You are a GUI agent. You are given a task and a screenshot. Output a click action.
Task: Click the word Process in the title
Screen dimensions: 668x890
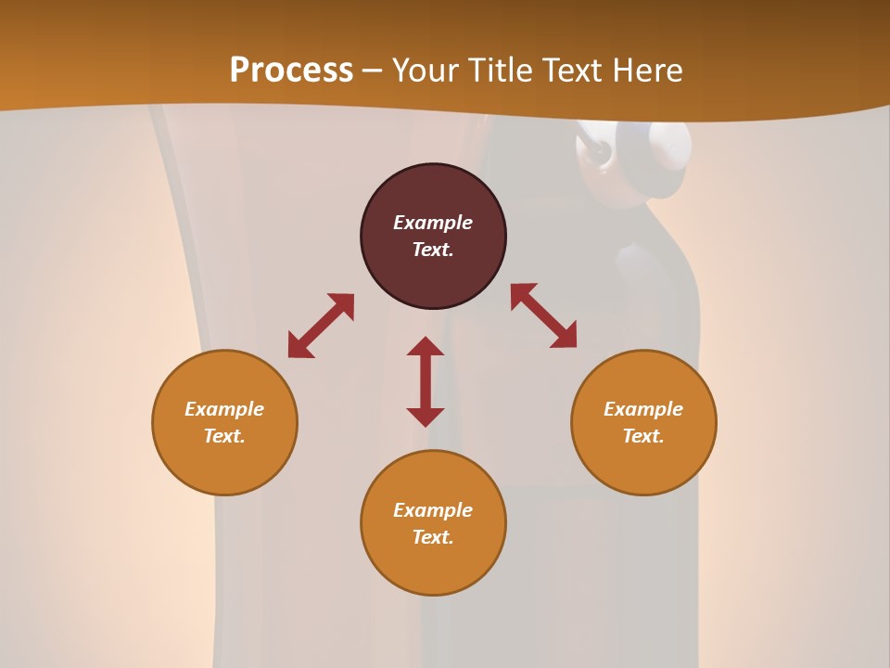click(x=291, y=71)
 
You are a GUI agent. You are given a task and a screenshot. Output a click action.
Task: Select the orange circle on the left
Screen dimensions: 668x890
click(x=224, y=464)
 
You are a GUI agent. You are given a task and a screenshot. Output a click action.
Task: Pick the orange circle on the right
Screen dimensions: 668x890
click(x=643, y=464)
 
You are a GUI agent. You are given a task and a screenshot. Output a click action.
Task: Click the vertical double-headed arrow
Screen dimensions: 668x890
click(x=426, y=381)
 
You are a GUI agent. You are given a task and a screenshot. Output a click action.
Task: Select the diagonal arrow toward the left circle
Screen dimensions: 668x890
click(x=321, y=326)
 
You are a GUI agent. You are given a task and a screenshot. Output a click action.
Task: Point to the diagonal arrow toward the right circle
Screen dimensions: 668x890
click(x=543, y=315)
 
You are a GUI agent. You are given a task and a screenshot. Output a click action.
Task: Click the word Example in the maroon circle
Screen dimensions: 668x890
click(x=433, y=223)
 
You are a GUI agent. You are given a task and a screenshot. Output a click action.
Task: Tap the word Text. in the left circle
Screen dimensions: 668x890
click(x=224, y=436)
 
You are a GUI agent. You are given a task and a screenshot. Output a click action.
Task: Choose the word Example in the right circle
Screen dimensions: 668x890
click(x=643, y=409)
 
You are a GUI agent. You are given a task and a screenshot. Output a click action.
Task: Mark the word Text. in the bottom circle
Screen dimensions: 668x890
click(x=433, y=537)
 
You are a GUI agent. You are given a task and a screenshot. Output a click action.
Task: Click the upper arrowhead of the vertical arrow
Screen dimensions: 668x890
click(x=426, y=346)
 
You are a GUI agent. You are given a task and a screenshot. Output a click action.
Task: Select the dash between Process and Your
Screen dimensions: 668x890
click(x=373, y=71)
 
